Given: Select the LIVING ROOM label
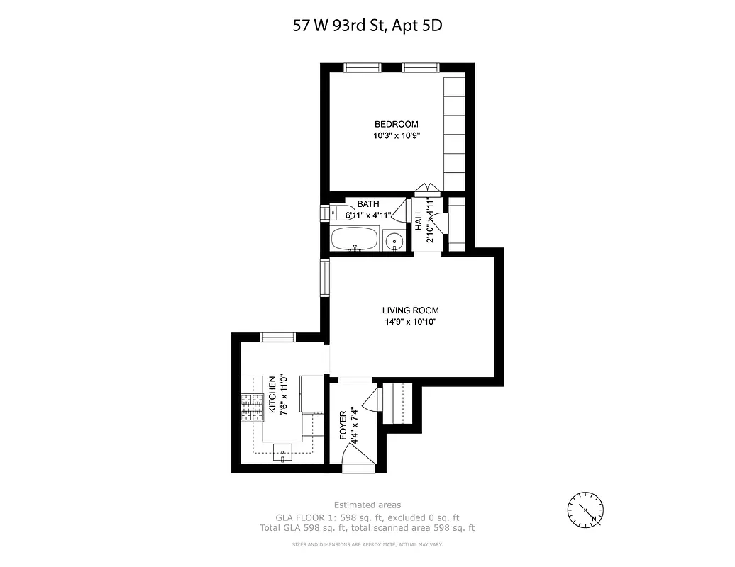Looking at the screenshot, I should pos(410,310).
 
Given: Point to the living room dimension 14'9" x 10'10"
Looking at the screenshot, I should pos(410,322).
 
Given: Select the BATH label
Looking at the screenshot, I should pos(368,203).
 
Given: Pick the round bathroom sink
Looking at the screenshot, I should pos(393,241).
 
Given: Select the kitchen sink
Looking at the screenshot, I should pos(282,451).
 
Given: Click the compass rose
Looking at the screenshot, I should pos(586,509).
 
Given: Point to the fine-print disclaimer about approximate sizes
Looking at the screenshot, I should pos(367,544).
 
